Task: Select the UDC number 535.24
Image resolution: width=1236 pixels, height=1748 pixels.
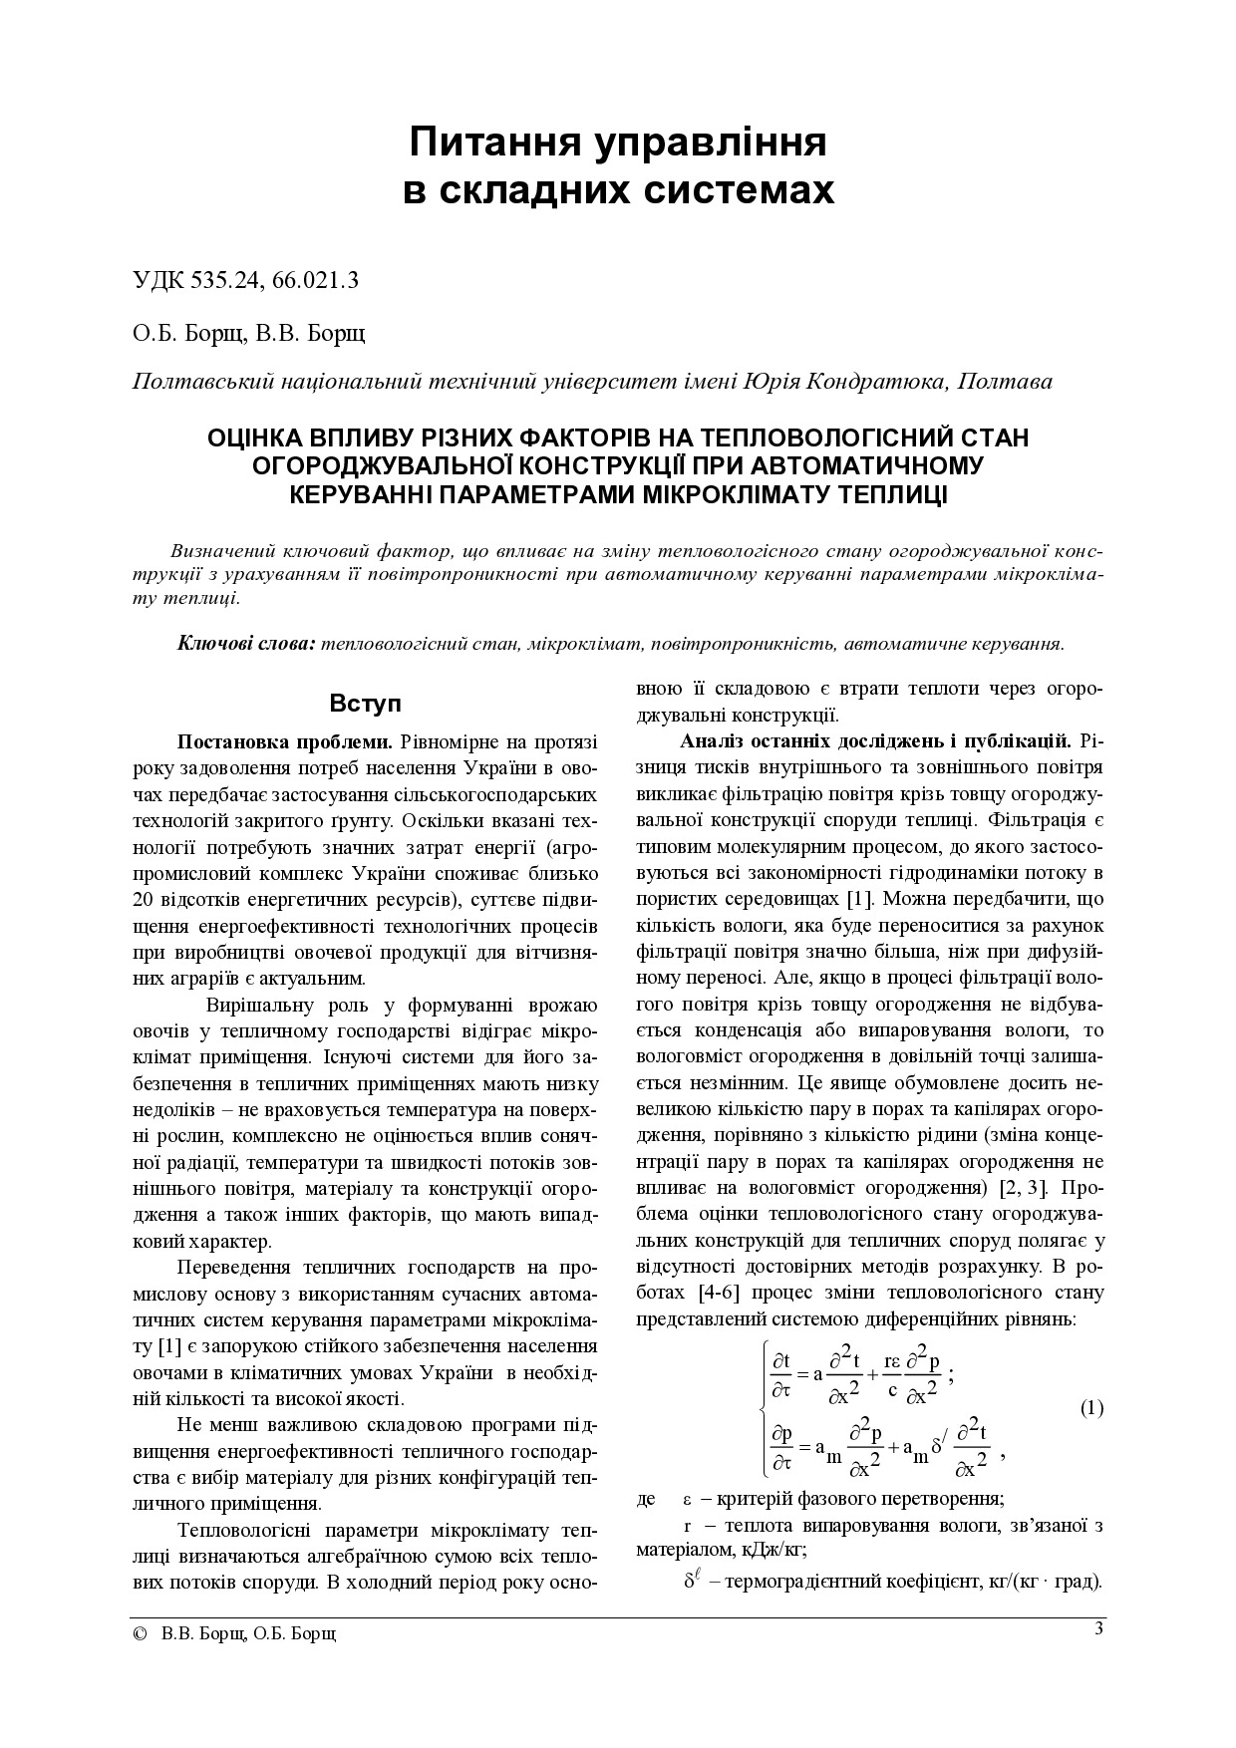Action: pos(225,280)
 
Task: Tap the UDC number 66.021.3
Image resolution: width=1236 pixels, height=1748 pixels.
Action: pos(314,280)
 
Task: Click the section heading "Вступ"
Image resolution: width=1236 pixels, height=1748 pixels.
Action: pos(365,704)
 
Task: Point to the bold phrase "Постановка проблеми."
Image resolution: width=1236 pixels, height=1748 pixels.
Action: pos(286,742)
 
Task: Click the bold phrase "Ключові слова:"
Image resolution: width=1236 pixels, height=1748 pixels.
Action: pos(246,643)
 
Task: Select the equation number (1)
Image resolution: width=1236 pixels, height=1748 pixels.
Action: pos(1091,1408)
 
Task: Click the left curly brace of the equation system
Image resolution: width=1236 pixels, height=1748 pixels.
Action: pos(764,1408)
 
